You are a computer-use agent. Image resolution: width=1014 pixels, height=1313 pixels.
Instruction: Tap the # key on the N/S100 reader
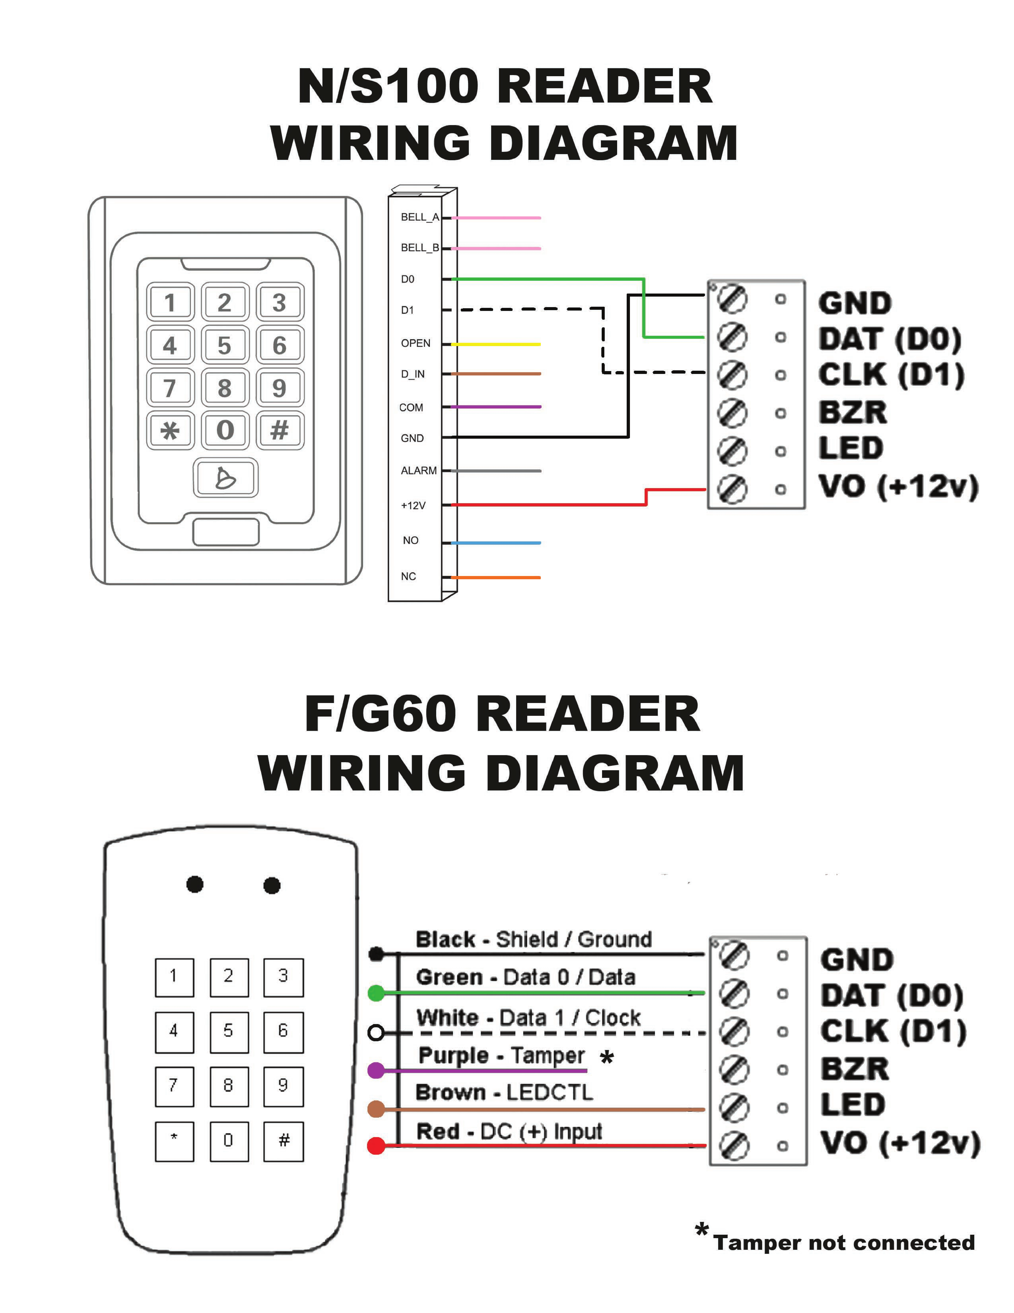point(279,430)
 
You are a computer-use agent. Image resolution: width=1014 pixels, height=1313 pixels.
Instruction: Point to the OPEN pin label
point(415,343)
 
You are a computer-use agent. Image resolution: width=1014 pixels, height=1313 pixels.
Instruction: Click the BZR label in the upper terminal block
point(852,412)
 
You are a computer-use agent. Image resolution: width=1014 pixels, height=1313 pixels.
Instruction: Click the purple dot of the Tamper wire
point(376,1070)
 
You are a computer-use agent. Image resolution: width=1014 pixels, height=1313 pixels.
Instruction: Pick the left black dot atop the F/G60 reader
point(195,884)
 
